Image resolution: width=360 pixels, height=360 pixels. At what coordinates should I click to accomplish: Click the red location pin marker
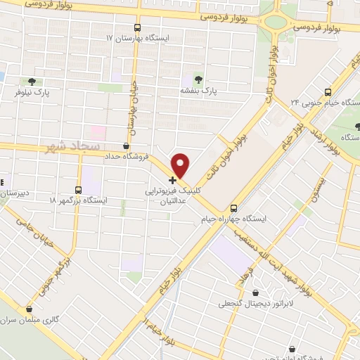pyautogui.click(x=181, y=165)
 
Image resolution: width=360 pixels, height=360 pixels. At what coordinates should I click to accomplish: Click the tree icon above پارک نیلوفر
pyautogui.click(x=30, y=81)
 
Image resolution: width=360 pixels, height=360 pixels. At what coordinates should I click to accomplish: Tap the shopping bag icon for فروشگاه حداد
pyautogui.click(x=125, y=146)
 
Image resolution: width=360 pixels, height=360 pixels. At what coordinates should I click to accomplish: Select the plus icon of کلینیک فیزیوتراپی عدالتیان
pyautogui.click(x=173, y=180)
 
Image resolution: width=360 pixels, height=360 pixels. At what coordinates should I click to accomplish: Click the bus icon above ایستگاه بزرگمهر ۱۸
pyautogui.click(x=77, y=189)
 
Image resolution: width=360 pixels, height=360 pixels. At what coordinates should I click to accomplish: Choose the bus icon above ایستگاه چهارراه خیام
pyautogui.click(x=234, y=208)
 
